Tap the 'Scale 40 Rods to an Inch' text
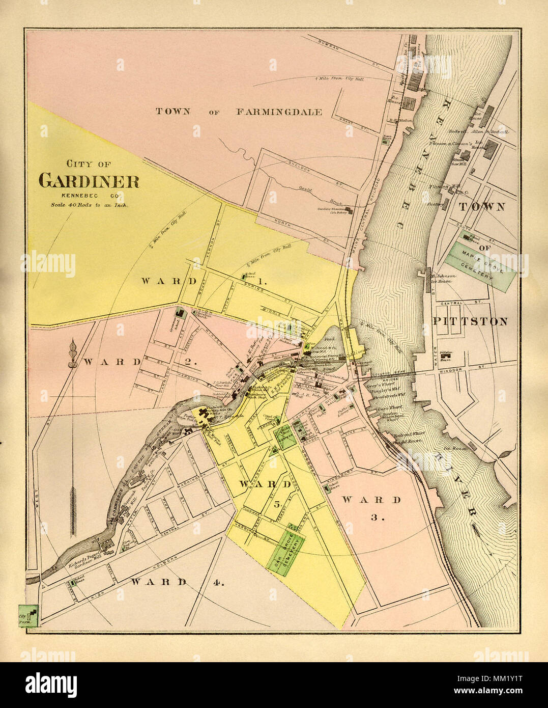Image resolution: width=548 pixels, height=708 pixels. pyautogui.click(x=89, y=205)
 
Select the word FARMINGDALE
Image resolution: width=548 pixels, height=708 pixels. pyautogui.click(x=278, y=112)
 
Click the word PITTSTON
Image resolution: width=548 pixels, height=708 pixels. pyautogui.click(x=470, y=321)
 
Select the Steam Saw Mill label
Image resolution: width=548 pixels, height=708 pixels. pyautogui.click(x=457, y=161)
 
